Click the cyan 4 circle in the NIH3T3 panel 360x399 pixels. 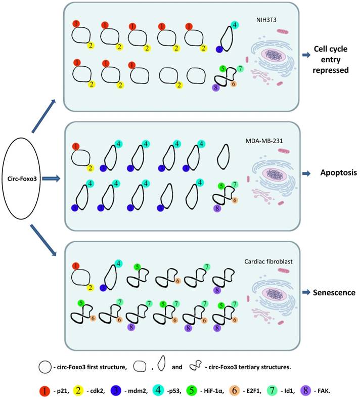[234, 25]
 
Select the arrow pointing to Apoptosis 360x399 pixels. [307, 173]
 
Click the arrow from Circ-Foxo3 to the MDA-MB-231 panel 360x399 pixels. [52, 178]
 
